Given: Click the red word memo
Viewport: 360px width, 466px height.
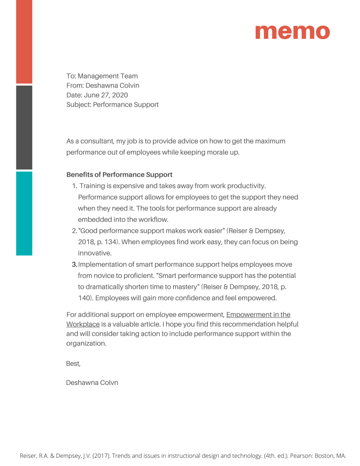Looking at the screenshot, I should point(292,31).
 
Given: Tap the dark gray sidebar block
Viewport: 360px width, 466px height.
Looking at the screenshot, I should point(24,127).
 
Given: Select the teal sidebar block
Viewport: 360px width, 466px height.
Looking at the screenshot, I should point(24,213).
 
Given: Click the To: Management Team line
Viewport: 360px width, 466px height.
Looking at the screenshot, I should point(102,76).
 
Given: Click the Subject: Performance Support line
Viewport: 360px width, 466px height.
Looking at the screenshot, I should point(113,105).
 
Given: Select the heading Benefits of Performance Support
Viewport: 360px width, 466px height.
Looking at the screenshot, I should point(119,175).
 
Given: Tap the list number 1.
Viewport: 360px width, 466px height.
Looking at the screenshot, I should point(74,186).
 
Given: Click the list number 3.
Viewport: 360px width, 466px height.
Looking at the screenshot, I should point(74,265).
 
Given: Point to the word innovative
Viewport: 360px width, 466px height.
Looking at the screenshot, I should point(94,253).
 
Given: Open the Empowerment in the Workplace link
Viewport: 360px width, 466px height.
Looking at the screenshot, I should point(258,315).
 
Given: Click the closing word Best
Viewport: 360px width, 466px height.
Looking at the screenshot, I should point(73,364).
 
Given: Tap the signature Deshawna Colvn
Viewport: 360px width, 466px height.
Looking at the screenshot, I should point(92,383).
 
